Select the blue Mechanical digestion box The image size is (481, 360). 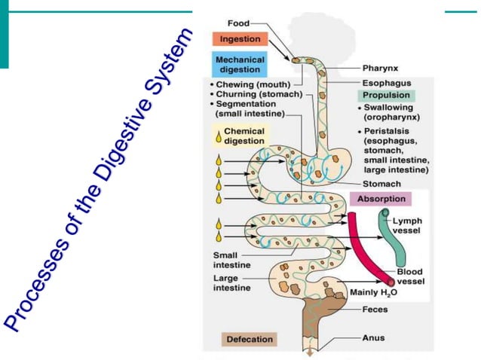[240, 64]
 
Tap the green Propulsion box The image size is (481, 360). [386, 96]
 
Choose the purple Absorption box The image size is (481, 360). [380, 200]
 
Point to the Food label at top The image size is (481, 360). [239, 24]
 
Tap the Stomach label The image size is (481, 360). [381, 183]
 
